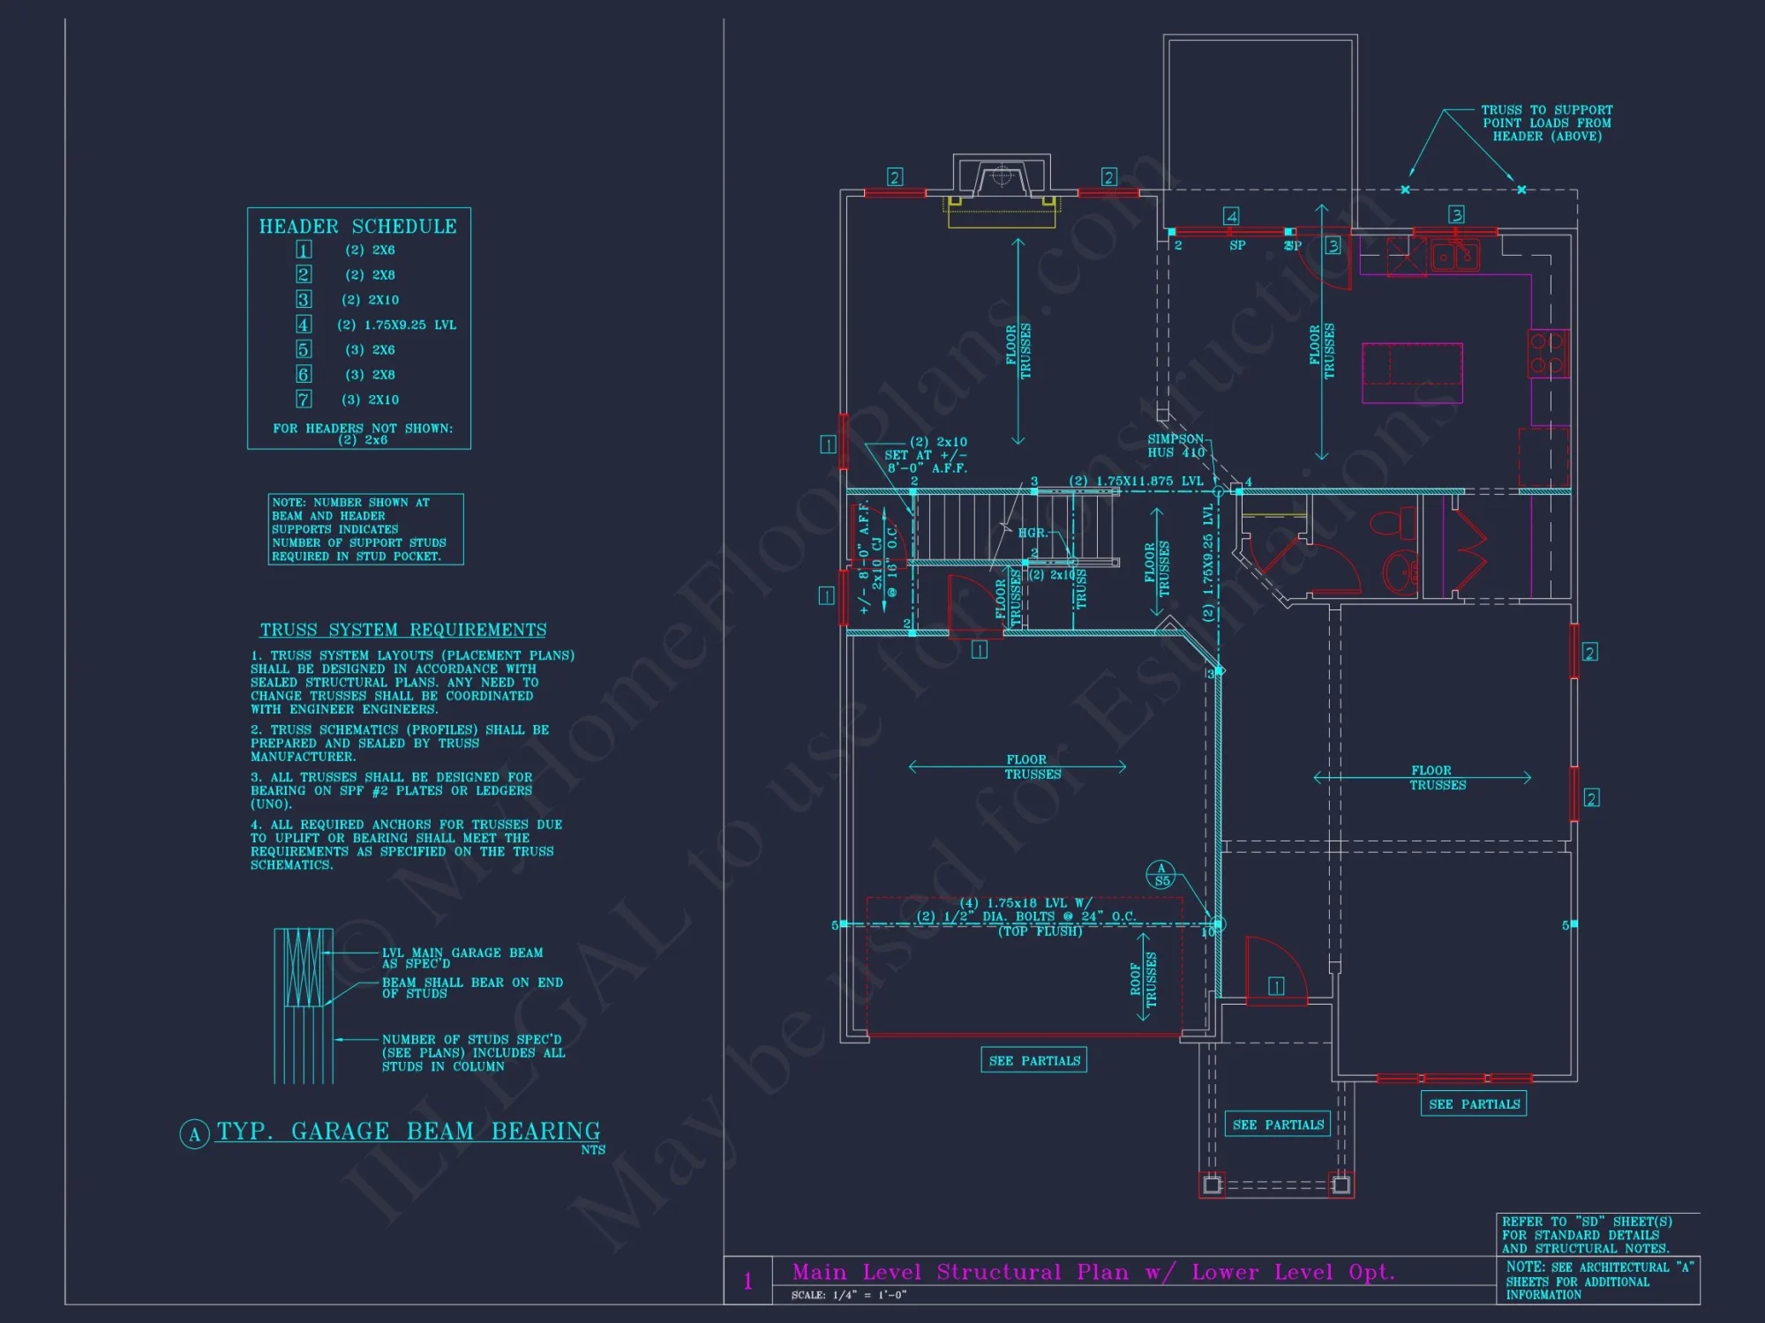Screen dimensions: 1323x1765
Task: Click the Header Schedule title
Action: point(357,227)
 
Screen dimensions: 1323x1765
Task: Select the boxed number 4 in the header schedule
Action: point(304,325)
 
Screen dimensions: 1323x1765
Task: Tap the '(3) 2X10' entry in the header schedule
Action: point(370,400)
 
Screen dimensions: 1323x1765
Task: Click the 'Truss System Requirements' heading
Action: point(402,630)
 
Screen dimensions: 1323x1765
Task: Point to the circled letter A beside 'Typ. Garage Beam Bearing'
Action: point(194,1134)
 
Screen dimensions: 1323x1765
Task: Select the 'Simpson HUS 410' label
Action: point(1175,445)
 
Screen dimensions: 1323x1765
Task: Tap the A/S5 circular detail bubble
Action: point(1161,874)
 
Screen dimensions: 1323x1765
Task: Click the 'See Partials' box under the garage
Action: point(1034,1060)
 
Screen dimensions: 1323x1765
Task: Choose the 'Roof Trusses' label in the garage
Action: point(1144,979)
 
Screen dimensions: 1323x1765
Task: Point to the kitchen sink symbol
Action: point(1454,255)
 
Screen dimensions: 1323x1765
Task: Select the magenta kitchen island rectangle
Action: point(1412,373)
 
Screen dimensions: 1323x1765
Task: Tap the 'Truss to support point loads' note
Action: point(1547,123)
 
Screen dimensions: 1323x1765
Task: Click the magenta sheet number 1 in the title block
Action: point(747,1281)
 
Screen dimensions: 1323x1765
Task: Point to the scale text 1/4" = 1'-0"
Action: point(849,1295)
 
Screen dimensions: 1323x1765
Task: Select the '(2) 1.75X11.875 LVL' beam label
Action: point(1136,481)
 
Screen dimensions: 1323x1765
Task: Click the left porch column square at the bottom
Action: point(1213,1185)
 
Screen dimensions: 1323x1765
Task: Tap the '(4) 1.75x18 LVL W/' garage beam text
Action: point(1025,903)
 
